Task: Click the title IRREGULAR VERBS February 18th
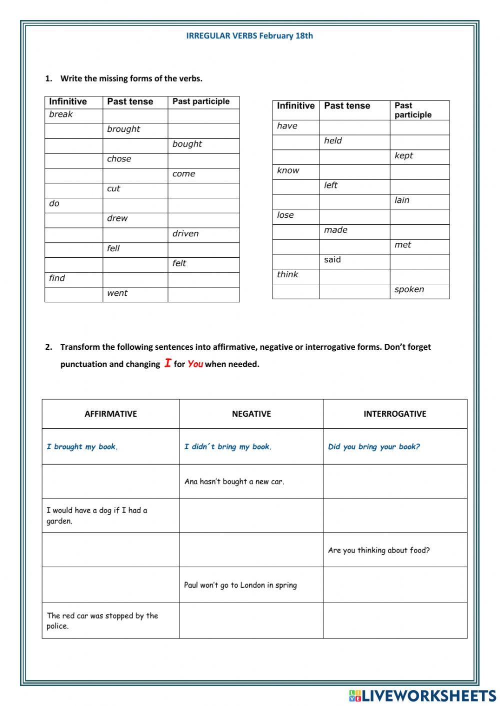249,35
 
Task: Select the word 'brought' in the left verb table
123,129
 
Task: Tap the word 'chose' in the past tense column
119,159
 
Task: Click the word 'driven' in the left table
185,233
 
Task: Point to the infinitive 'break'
61,114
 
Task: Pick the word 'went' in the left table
117,293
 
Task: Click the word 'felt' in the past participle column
179,263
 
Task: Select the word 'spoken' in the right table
409,289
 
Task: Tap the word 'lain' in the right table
402,200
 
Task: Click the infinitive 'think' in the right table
287,274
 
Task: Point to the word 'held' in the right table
333,141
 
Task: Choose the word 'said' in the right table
332,260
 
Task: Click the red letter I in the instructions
167,363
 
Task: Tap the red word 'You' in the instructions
195,364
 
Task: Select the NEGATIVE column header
251,414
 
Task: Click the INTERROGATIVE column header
394,414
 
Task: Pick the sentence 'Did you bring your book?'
374,447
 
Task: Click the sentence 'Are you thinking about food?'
378,550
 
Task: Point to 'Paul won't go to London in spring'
240,585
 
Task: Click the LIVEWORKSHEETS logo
422,696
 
